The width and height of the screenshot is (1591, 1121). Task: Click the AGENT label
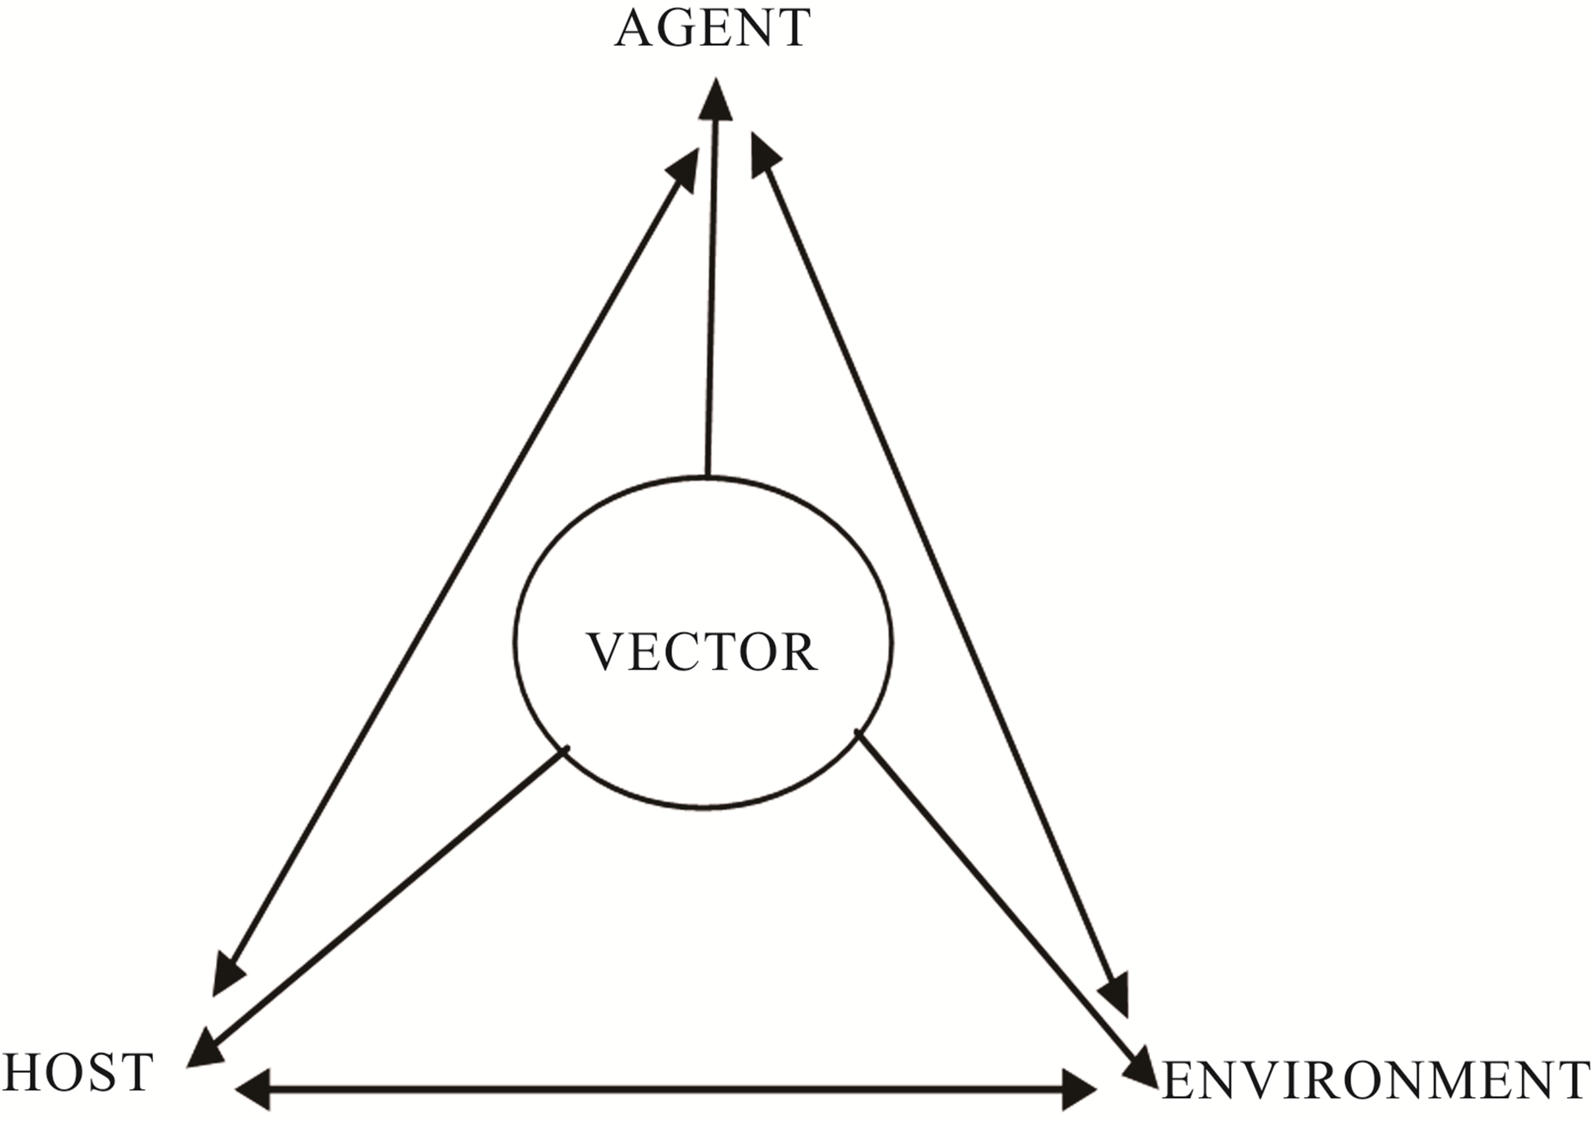coord(712,28)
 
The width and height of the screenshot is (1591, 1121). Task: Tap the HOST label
coord(77,1072)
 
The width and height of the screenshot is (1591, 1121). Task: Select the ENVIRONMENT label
coord(1376,1081)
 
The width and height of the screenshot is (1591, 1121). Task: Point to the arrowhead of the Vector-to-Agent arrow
coord(715,100)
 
